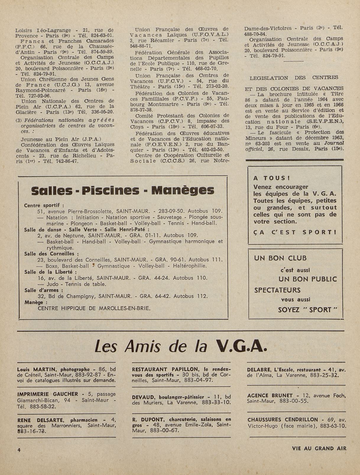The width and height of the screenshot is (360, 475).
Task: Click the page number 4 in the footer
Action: (19, 450)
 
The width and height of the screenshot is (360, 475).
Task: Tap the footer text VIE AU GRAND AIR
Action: (319, 448)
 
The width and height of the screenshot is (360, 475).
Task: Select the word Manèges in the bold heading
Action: (183, 191)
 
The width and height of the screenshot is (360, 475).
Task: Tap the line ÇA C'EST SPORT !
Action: (295, 232)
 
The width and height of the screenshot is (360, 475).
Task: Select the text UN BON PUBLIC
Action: (307, 279)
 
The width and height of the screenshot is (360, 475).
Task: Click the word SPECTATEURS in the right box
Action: (277, 290)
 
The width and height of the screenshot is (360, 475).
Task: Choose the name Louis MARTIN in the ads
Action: (37, 369)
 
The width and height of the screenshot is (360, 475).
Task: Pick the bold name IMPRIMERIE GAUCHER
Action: (48, 394)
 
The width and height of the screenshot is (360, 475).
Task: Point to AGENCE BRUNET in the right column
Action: (270, 395)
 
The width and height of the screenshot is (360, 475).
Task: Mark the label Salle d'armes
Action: (41, 290)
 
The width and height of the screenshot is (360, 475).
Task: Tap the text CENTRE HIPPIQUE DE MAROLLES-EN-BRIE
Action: (94, 308)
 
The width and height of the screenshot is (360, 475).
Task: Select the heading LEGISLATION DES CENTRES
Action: (294, 78)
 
